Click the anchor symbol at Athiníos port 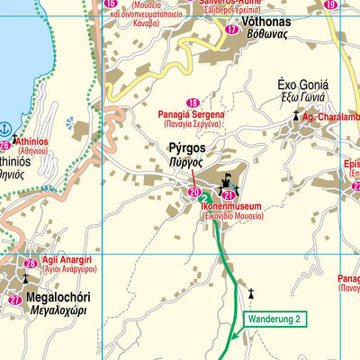click(x=5, y=130)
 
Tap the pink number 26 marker click(x=5, y=145)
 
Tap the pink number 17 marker click(x=232, y=29)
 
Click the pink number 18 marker click(x=192, y=104)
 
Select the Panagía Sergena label click(x=193, y=117)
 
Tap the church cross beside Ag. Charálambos click(x=293, y=116)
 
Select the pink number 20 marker click(x=194, y=193)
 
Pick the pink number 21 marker click(x=229, y=193)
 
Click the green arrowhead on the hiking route click(x=230, y=337)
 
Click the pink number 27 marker click(x=13, y=300)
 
